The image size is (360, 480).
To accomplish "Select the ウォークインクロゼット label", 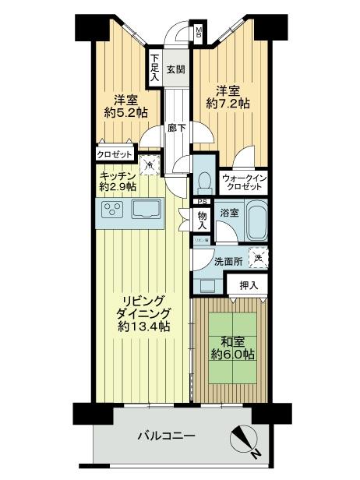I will point(245,183).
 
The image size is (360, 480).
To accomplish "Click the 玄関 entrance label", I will point(176,69).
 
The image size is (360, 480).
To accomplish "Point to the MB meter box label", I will point(199,33).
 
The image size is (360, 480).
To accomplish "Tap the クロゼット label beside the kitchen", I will point(114,154).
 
